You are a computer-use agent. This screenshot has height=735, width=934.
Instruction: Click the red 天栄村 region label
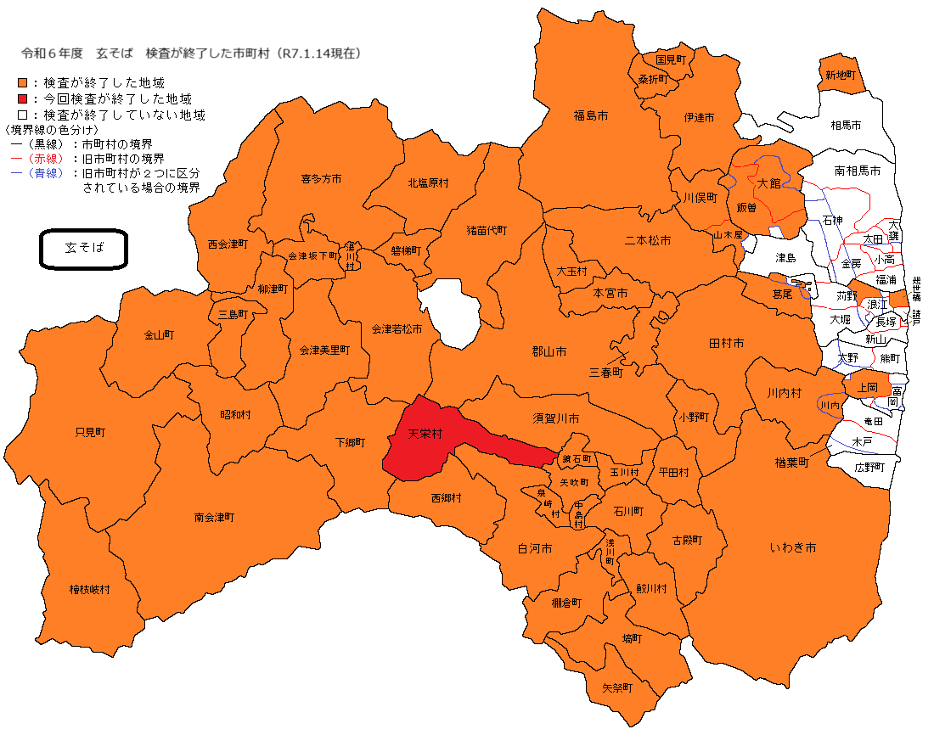coord(425,434)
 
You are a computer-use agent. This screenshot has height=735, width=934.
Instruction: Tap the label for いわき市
coord(793,548)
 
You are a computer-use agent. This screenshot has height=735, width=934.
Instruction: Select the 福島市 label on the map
coord(590,115)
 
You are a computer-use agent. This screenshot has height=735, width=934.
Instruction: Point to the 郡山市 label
coord(549,351)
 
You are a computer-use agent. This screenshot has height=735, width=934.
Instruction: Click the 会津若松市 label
coord(397,328)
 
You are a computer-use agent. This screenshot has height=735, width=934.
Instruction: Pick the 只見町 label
coord(90,432)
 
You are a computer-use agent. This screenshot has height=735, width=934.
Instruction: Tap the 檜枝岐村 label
coord(89,589)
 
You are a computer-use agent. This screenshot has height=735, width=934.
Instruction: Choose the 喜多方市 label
coord(321,179)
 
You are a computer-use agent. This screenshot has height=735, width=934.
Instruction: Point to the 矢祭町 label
coord(617,687)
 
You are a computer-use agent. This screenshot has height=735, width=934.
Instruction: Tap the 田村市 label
coord(726,343)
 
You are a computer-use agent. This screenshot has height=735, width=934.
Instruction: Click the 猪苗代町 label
coord(487,230)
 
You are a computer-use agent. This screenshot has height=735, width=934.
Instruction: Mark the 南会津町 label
coord(214,517)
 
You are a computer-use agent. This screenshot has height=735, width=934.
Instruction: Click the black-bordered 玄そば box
coord(84,249)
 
